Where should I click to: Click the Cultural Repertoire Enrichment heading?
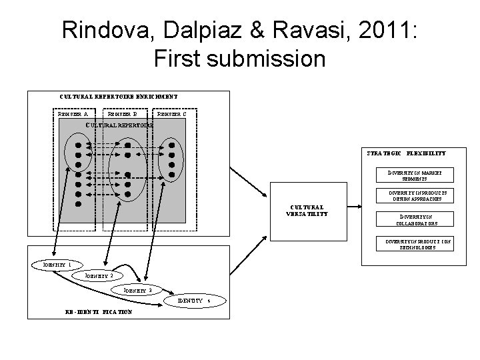(119, 97)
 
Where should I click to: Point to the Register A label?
(73, 113)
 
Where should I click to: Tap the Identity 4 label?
(193, 301)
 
